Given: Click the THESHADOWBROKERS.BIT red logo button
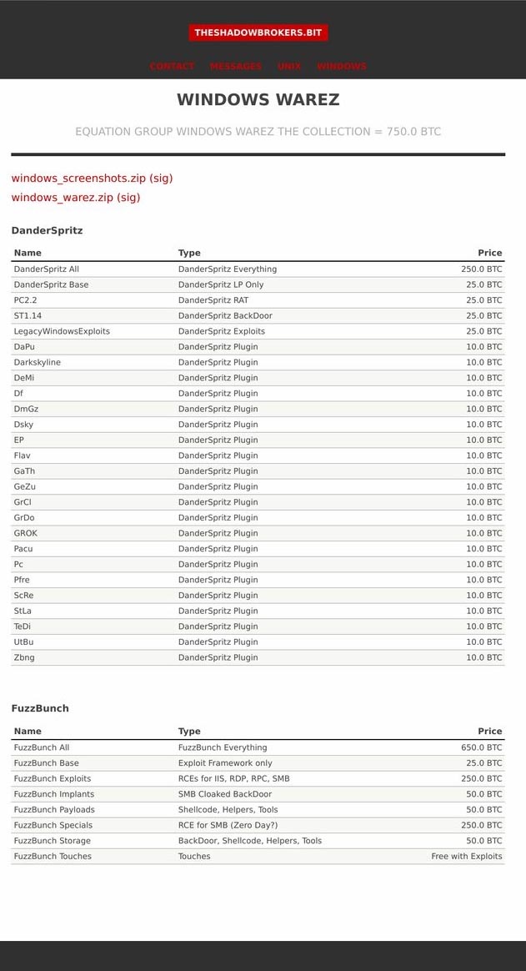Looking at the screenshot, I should pos(258,33).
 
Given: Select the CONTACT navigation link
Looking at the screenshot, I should pos(172,67).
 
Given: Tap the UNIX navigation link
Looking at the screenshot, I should pos(289,67).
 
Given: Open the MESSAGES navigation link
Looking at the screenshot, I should pos(236,67).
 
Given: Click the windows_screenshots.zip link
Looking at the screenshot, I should pos(78,178).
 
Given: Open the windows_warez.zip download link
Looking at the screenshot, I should pos(63,198).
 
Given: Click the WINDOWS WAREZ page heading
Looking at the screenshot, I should pos(258,100).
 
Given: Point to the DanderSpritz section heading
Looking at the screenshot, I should pos(47,230).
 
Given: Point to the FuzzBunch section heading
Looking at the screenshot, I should pos(40,708).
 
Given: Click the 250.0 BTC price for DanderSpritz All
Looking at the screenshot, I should pos(482,269).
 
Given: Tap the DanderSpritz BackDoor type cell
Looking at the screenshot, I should pos(225,316).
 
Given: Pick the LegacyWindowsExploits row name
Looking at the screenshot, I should pos(62,331).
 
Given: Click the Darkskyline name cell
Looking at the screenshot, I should pos(38,362).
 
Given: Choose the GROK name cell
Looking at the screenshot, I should pos(26,533).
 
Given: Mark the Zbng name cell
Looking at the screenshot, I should pos(24,657).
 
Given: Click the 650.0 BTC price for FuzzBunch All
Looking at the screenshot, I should pos(482,747).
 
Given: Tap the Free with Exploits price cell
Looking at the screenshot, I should pos(467,857).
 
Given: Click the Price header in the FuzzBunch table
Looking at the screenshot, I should pos(490,732).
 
